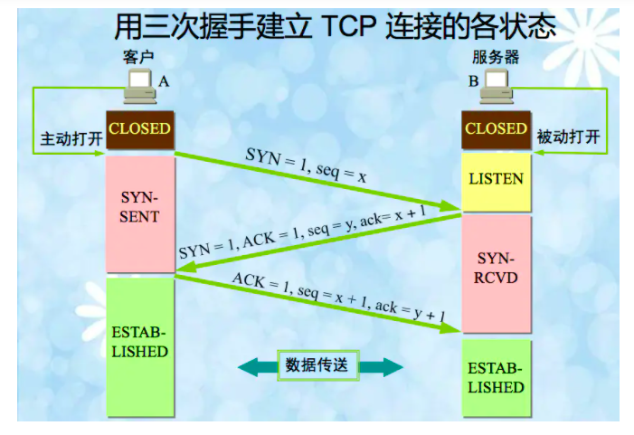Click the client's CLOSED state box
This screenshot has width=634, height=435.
[139, 128]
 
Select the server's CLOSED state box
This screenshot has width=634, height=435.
[496, 128]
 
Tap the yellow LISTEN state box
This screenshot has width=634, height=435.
[496, 178]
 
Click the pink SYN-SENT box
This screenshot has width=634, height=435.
[139, 208]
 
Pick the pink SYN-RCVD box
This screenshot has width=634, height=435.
[496, 269]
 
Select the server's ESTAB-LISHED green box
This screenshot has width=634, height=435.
[496, 379]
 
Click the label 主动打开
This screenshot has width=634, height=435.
[66, 140]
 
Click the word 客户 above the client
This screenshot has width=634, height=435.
[138, 57]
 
